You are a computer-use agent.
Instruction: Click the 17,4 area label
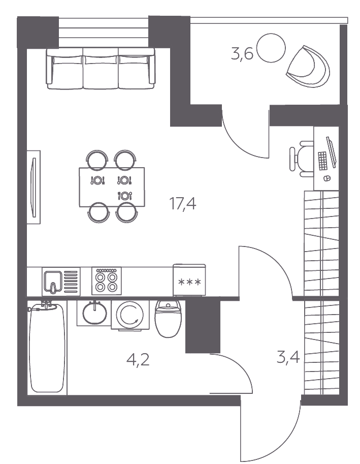pyautogui.click(x=182, y=204)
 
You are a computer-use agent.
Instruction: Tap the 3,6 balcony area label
pyautogui.click(x=242, y=54)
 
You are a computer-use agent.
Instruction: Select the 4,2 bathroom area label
pyautogui.click(x=138, y=360)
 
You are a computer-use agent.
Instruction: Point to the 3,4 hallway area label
pyautogui.click(x=288, y=357)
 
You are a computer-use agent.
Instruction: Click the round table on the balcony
pyautogui.click(x=271, y=48)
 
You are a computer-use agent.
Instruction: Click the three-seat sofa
pyautogui.click(x=101, y=69)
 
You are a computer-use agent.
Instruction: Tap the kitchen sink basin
pyautogui.click(x=53, y=282)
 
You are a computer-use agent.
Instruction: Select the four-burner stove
pyautogui.click(x=107, y=281)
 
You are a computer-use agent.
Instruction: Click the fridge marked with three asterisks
pyautogui.click(x=189, y=280)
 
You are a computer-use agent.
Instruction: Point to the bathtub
pyautogui.click(x=47, y=348)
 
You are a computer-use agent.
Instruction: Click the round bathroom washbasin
pyautogui.click(x=94, y=313)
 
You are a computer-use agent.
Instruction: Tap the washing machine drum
pyautogui.click(x=130, y=315)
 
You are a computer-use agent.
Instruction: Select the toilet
pyautogui.click(x=168, y=319)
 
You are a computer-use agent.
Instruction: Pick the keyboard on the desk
pyautogui.click(x=323, y=161)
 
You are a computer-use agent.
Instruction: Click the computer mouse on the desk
pyautogui.click(x=326, y=178)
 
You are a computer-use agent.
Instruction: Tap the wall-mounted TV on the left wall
pyautogui.click(x=34, y=187)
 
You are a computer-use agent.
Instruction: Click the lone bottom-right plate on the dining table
pyautogui.click(x=125, y=196)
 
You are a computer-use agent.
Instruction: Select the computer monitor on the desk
pyautogui.click(x=332, y=152)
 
